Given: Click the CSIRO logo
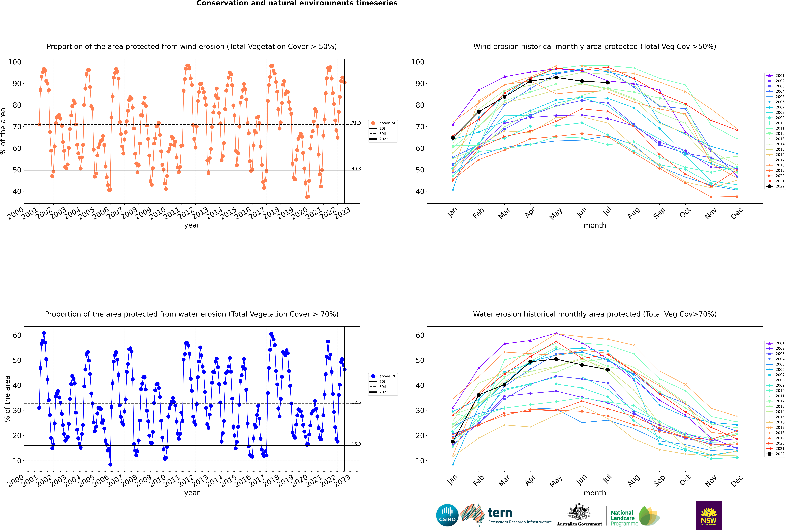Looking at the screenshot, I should click(447, 515).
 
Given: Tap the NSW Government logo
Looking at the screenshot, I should click(709, 515).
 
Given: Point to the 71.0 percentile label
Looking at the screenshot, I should click(356, 123).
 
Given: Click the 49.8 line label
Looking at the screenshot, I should click(356, 169).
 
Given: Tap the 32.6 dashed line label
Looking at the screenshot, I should click(356, 402).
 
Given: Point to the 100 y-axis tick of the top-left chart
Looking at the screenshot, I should click(15, 62).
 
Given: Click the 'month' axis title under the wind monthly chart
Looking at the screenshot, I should click(595, 225).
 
